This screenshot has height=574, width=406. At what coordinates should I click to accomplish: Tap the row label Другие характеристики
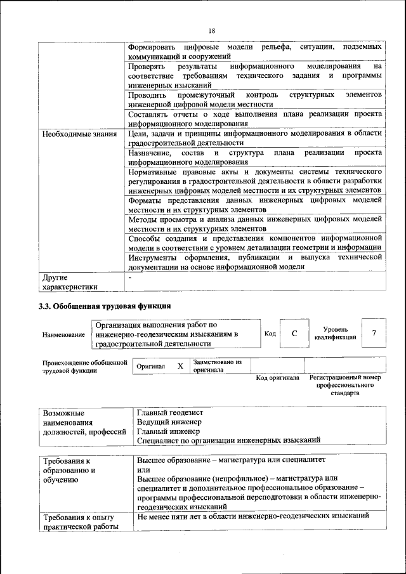point(70,282)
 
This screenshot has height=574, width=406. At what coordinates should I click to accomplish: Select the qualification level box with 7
point(374,334)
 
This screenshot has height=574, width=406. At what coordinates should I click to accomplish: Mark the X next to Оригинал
point(180,366)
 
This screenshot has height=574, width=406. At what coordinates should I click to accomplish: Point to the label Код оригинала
point(277,378)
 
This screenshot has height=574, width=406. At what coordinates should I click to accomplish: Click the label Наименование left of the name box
point(63,334)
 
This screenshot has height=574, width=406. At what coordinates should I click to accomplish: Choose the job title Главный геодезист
point(169,412)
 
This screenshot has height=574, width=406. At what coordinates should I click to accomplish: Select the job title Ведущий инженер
point(169,422)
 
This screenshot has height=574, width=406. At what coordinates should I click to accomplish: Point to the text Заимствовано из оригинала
point(218,365)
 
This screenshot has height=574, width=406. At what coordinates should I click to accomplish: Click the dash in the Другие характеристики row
point(130,277)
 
